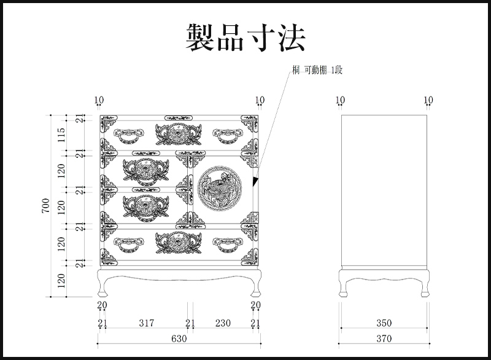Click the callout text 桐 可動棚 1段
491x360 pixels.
[x=317, y=71]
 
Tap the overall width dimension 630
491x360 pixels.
[x=179, y=338]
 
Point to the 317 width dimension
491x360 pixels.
[x=146, y=323]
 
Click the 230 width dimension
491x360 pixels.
[x=222, y=323]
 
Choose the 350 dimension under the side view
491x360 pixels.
[x=384, y=323]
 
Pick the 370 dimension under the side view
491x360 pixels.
[x=384, y=338]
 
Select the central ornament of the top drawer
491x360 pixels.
[x=179, y=133]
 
